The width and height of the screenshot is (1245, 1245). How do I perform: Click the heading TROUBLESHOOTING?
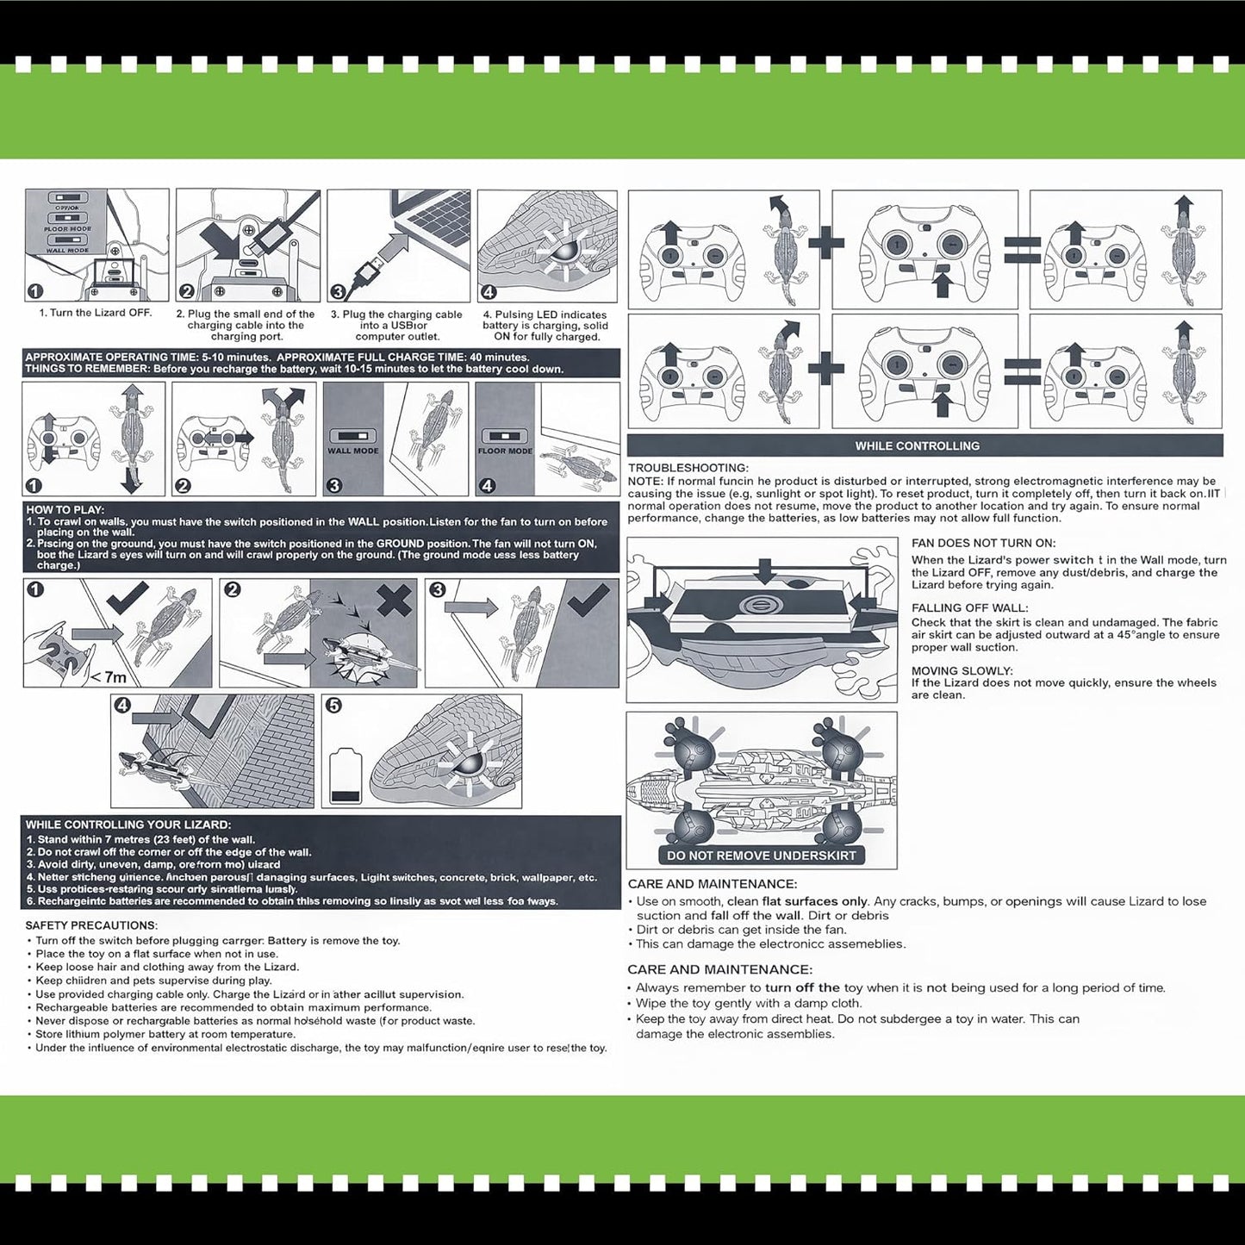pos(688,468)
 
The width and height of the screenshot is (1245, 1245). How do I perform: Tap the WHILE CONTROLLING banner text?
pos(917,445)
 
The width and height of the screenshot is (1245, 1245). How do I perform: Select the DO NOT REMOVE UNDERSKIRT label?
pos(761,856)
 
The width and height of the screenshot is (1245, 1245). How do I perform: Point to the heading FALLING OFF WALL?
pos(969,607)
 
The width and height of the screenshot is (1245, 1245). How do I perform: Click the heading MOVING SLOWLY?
pos(962,670)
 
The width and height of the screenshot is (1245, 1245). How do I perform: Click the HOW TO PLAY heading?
pos(65,510)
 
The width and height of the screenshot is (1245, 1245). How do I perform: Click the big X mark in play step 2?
pos(394,599)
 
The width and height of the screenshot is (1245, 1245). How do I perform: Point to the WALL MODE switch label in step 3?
pos(352,451)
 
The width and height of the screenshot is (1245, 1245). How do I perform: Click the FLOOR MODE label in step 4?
pos(505,451)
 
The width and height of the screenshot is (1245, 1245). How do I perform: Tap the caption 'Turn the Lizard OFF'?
pos(96,313)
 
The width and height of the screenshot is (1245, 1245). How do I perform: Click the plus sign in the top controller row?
pos(825,243)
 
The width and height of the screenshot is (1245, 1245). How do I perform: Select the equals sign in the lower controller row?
pos(1023,370)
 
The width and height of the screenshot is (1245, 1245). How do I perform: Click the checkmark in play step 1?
pos(127,597)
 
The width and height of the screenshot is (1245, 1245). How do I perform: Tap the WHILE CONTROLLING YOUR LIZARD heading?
pos(128,825)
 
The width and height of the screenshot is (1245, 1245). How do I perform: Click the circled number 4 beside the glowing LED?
pos(489,292)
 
